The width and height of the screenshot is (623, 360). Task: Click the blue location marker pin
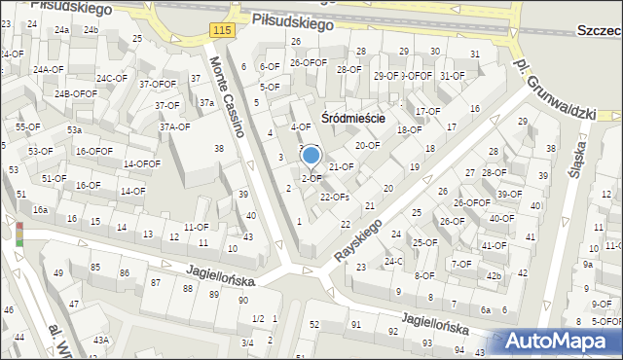[x=311, y=156]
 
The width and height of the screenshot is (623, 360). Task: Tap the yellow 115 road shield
[x=221, y=32]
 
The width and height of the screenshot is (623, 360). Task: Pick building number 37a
[x=206, y=102]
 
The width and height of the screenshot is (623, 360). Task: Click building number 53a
[x=74, y=130]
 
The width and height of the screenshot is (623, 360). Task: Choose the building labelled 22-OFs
[x=334, y=197]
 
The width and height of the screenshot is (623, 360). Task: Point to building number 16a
[x=40, y=210]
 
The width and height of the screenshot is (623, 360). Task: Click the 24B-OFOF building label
[x=75, y=94]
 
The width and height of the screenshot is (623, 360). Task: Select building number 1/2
[x=258, y=319]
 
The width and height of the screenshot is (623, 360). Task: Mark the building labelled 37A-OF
[x=174, y=126]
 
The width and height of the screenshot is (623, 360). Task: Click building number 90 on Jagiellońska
[x=242, y=301]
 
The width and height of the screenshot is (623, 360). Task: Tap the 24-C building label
[x=393, y=261]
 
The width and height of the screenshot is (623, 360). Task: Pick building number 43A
[x=100, y=341]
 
